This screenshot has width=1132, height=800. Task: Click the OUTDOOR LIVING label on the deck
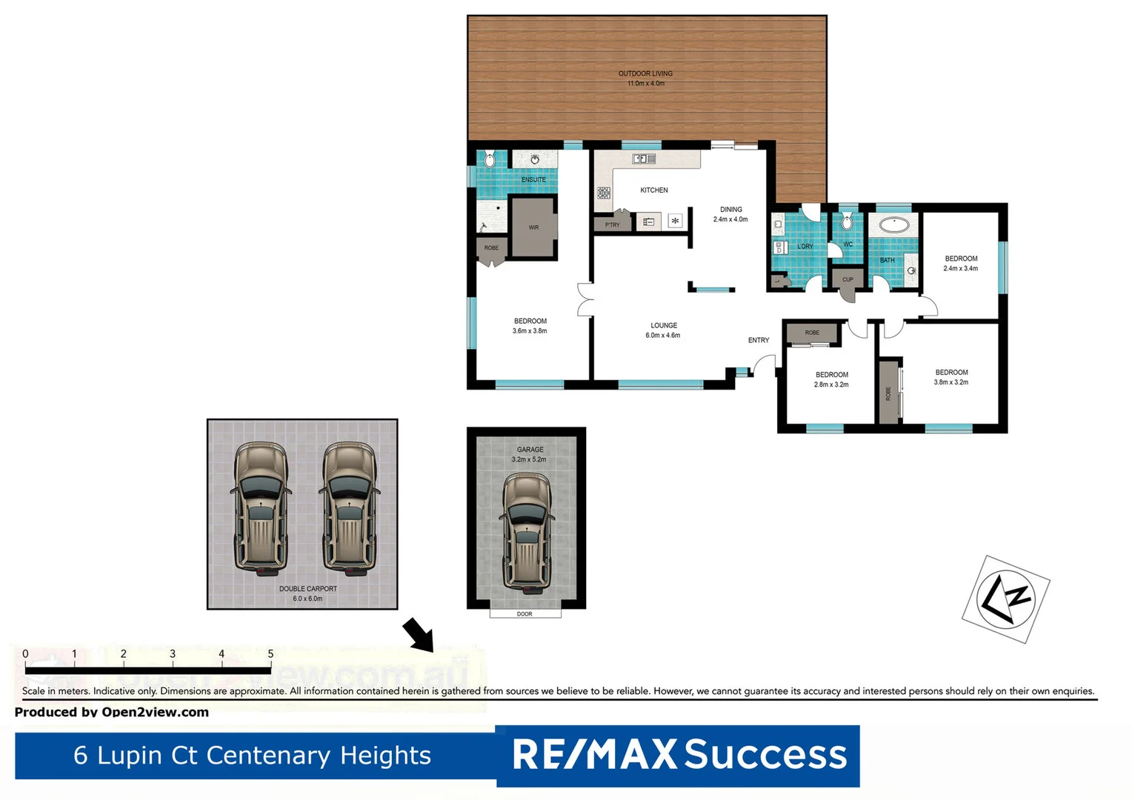(645, 78)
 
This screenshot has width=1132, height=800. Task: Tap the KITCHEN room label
(653, 190)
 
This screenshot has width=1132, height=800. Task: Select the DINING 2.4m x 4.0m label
(730, 214)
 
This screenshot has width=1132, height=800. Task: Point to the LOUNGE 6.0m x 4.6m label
(663, 330)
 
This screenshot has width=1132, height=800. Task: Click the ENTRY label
(758, 341)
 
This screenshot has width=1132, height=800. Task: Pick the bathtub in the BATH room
(894, 224)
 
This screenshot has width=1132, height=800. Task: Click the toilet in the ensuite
(489, 159)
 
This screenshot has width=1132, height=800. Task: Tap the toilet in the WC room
(847, 222)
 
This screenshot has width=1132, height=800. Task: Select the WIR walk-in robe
(533, 227)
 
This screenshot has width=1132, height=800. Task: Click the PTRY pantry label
(612, 224)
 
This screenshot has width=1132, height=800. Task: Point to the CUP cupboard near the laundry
(848, 279)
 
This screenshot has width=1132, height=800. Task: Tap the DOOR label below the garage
(525, 614)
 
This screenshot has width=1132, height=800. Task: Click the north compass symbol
(1005, 599)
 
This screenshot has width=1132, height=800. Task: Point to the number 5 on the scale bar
(270, 654)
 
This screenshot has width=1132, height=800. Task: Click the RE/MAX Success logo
(678, 755)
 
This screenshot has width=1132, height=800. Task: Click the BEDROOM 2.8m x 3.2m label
(831, 380)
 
